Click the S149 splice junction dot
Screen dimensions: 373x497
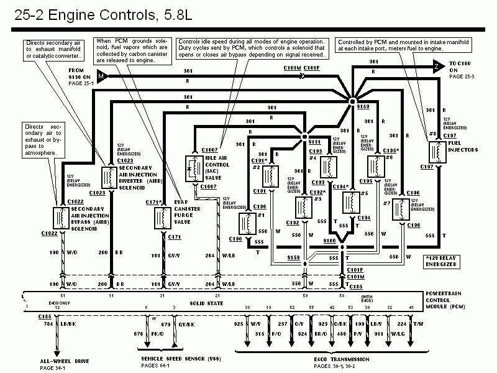click(352, 100)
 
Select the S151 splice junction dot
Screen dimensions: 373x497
click(305, 136)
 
